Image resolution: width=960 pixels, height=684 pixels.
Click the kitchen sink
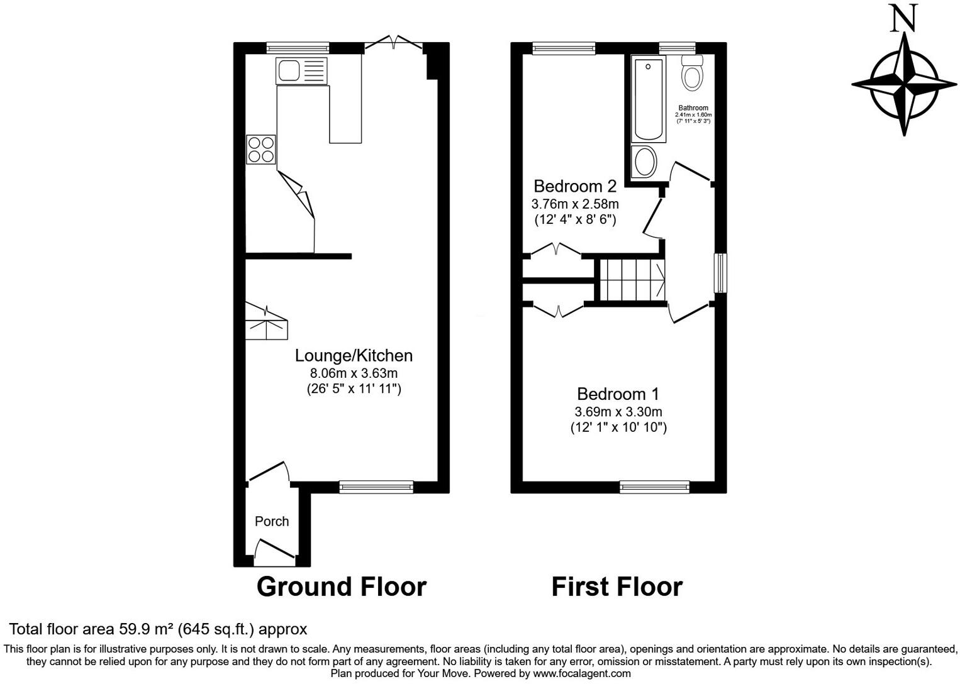[x=301, y=70]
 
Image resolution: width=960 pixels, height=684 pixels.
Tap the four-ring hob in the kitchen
[x=261, y=150]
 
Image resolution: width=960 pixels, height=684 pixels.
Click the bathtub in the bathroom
[x=649, y=99]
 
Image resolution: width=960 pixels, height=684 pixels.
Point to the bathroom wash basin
[x=644, y=162]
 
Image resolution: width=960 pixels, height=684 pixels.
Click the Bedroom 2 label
[x=574, y=186]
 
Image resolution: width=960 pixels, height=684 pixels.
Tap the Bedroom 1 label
[x=618, y=394]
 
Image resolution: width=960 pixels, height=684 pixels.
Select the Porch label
[x=272, y=521]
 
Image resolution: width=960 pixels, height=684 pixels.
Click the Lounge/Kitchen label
[x=354, y=356]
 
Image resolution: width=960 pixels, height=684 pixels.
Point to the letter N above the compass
[x=904, y=18]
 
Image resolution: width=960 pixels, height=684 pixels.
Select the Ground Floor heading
[x=341, y=587]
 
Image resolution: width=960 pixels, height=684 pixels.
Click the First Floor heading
[x=617, y=587]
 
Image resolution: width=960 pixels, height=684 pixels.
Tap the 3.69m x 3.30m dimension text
[x=618, y=412]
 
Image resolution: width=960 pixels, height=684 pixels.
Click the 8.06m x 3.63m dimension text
[x=354, y=373]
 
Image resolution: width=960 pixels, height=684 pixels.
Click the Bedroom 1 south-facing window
[x=654, y=486]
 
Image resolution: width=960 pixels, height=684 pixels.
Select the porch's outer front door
[x=274, y=551]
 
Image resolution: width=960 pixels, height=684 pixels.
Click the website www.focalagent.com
[x=582, y=673]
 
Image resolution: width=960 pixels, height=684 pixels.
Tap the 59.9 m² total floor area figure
[x=146, y=629]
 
